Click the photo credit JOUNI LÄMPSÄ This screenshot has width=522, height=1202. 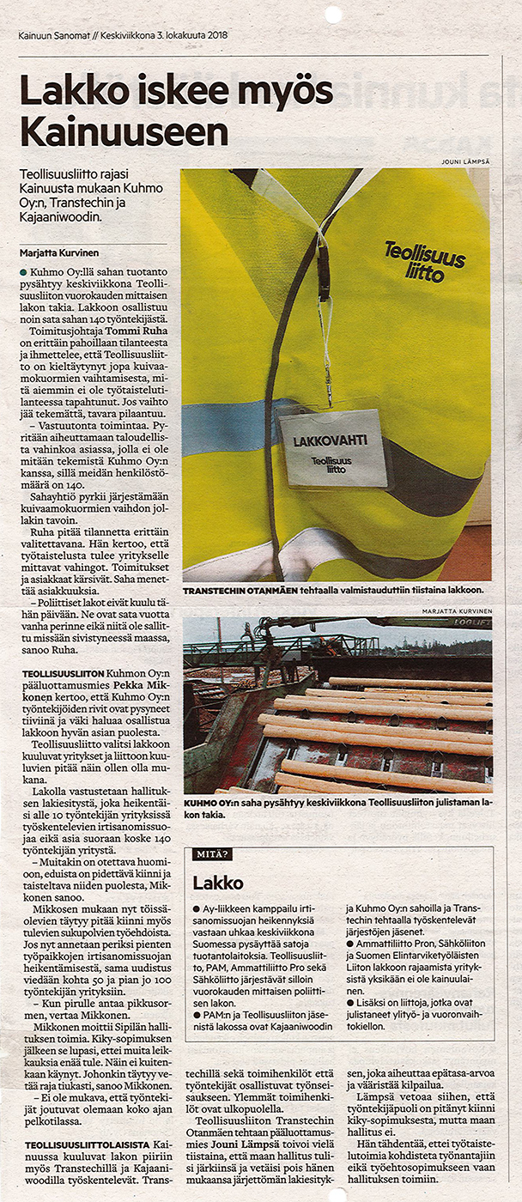pos(465,161)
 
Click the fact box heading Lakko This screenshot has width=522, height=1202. pos(218,883)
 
